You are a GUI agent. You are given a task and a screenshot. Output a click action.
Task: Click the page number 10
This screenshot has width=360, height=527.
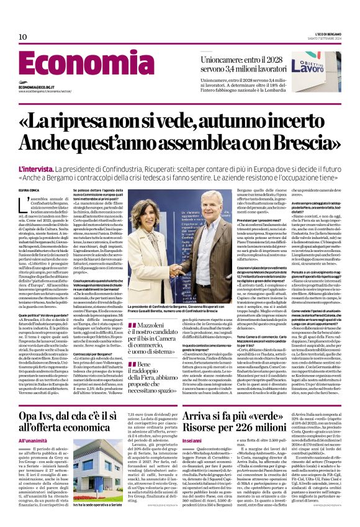[x=22, y=37]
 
